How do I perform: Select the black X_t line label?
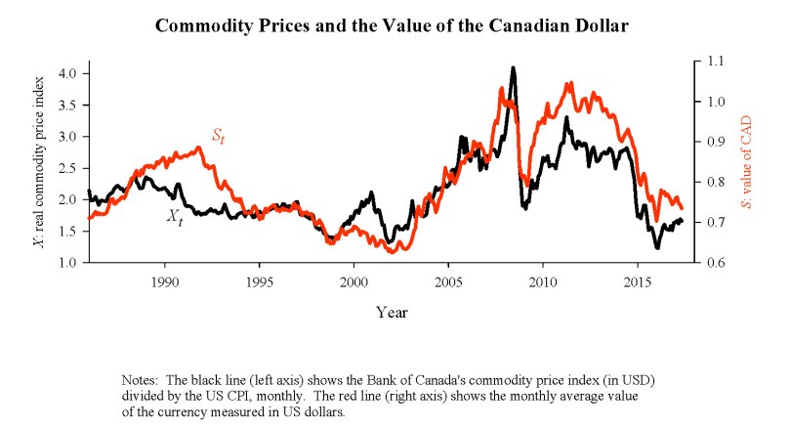click(173, 219)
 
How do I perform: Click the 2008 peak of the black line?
click(514, 68)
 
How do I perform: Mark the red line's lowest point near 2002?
click(393, 252)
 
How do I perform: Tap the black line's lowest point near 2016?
click(657, 248)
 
